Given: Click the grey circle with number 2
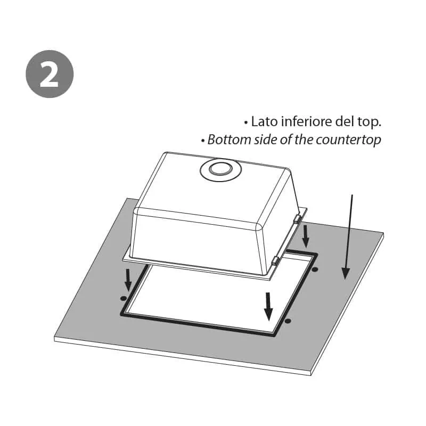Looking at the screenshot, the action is (x=50, y=74).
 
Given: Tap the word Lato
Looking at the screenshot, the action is (x=264, y=121).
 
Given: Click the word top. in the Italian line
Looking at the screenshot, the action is (x=370, y=122).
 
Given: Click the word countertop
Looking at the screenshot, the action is (x=348, y=141).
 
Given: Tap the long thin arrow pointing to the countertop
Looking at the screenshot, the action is (x=349, y=236).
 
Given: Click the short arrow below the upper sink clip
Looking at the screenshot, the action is (x=306, y=236).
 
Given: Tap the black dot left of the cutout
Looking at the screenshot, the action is (x=123, y=298).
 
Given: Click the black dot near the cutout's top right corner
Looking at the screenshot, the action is (x=315, y=269).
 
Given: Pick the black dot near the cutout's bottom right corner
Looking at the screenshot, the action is (x=288, y=321).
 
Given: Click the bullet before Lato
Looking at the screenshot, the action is (x=246, y=123).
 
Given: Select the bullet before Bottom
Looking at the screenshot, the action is (x=203, y=141).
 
